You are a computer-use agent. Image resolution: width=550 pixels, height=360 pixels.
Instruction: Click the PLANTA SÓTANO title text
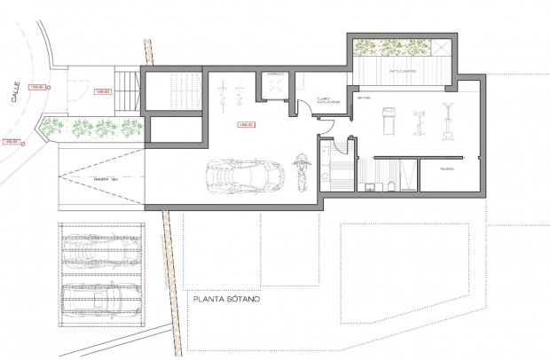(x=226, y=300)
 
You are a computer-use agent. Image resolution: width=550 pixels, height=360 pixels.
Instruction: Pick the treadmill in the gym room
(x=387, y=119)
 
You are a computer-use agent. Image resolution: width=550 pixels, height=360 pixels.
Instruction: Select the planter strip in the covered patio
(x=392, y=48)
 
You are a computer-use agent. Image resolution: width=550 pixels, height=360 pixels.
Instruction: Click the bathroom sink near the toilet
(x=370, y=185)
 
